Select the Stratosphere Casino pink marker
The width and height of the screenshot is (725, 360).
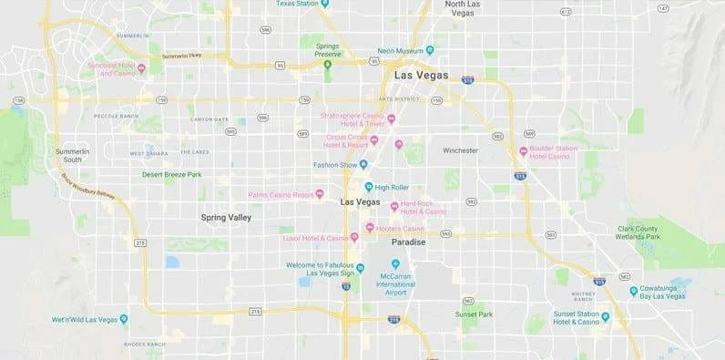392,118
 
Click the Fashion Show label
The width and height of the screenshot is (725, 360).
334,165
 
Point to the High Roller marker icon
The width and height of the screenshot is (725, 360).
369,187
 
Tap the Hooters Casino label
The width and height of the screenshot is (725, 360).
401,228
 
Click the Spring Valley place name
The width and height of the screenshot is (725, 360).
226,218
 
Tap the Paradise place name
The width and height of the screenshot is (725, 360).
409,242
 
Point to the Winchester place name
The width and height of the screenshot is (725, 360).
460,149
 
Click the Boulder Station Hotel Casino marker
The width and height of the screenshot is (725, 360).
523,151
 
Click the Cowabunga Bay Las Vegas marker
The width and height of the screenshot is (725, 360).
634,292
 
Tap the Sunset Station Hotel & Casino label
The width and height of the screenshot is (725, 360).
575,318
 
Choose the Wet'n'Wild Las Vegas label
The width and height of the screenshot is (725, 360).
84,319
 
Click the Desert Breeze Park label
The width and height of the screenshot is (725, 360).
171,174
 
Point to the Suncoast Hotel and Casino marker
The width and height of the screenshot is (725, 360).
140,67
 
